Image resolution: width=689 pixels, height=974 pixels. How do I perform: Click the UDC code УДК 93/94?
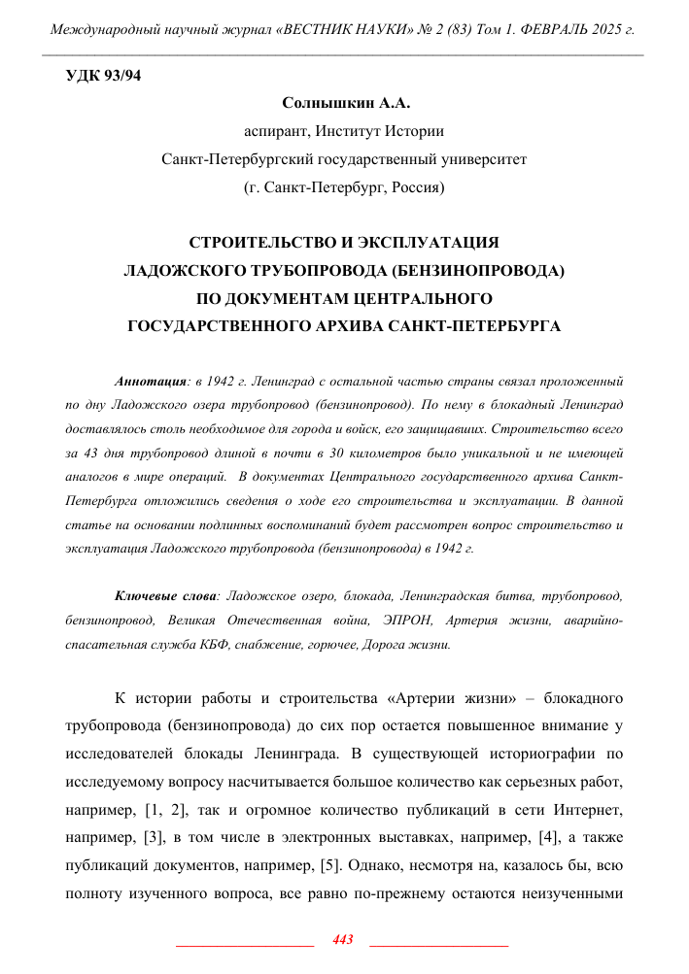pyautogui.click(x=103, y=77)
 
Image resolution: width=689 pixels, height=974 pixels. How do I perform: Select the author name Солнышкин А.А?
pyautogui.click(x=344, y=102)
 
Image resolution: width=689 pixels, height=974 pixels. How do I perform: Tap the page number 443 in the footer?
pyautogui.click(x=342, y=939)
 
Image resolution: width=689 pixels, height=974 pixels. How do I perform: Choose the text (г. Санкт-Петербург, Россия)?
pyautogui.click(x=344, y=185)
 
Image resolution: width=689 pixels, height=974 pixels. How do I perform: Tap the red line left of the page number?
pyautogui.click(x=243, y=943)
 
